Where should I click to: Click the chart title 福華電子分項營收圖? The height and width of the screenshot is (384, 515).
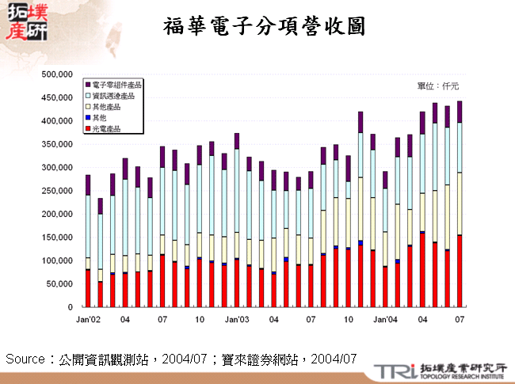click(264, 26)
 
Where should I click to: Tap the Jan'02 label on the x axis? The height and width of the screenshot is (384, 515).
click(87, 319)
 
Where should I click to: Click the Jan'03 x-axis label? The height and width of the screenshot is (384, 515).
click(236, 319)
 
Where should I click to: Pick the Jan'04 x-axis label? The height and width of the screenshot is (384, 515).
click(385, 319)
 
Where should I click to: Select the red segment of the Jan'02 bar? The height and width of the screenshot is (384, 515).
click(87, 288)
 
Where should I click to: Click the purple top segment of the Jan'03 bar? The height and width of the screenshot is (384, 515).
click(236, 141)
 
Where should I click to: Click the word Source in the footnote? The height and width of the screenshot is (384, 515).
click(25, 359)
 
